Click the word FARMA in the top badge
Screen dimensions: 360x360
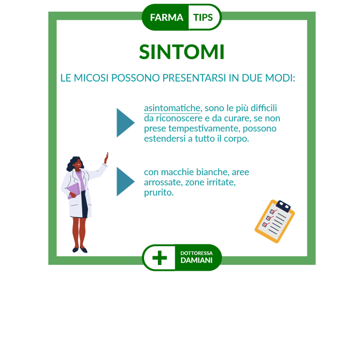[167, 17]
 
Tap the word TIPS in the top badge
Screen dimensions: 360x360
[203, 17]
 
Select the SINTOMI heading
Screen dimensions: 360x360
[182, 52]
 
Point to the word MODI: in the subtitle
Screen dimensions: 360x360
[280, 78]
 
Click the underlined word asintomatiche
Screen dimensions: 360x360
[172, 108]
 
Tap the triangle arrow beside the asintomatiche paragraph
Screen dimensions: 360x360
[125, 123]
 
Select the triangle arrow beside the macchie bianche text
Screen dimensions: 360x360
[125, 182]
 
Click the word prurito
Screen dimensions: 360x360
[159, 193]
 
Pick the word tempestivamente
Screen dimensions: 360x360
[204, 128]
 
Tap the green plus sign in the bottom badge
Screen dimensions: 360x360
[160, 257]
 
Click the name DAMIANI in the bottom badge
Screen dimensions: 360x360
[196, 261]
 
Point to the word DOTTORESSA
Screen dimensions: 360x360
[196, 253]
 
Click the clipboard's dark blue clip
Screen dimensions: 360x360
[283, 206]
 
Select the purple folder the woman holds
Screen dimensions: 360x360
[74, 190]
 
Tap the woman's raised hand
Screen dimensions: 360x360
[106, 158]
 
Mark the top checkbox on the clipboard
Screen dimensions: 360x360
[272, 211]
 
